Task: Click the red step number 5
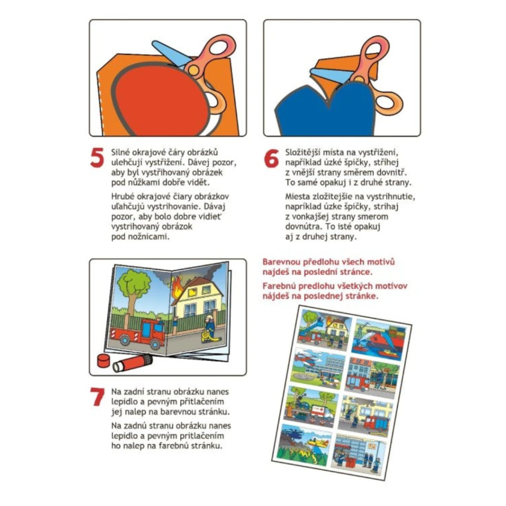[97, 158]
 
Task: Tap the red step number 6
[271, 158]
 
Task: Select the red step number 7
[97, 397]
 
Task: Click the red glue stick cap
[104, 360]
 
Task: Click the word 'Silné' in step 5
[122, 152]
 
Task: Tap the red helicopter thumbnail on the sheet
[318, 367]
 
